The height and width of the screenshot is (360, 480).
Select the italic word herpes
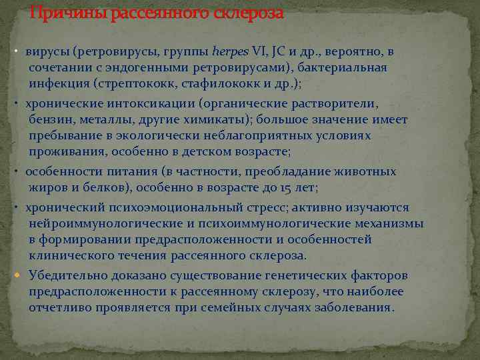(x=231, y=51)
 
